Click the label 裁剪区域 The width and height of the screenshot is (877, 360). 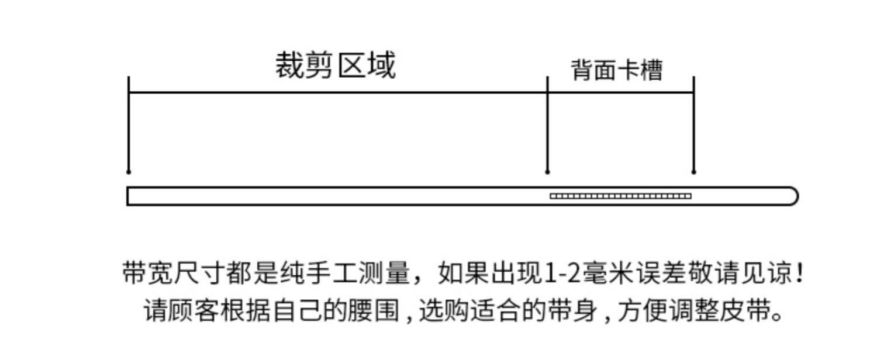click(x=336, y=65)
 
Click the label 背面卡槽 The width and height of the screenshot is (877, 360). click(x=617, y=70)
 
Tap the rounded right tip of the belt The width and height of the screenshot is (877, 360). click(x=793, y=196)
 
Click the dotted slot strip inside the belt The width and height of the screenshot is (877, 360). click(x=620, y=196)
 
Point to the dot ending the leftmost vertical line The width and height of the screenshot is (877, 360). click(x=129, y=172)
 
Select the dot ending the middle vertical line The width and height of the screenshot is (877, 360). click(x=547, y=172)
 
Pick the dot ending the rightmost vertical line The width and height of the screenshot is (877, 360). click(x=694, y=172)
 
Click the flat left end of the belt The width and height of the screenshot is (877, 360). click(x=129, y=196)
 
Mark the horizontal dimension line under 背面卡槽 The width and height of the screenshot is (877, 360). click(x=620, y=92)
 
